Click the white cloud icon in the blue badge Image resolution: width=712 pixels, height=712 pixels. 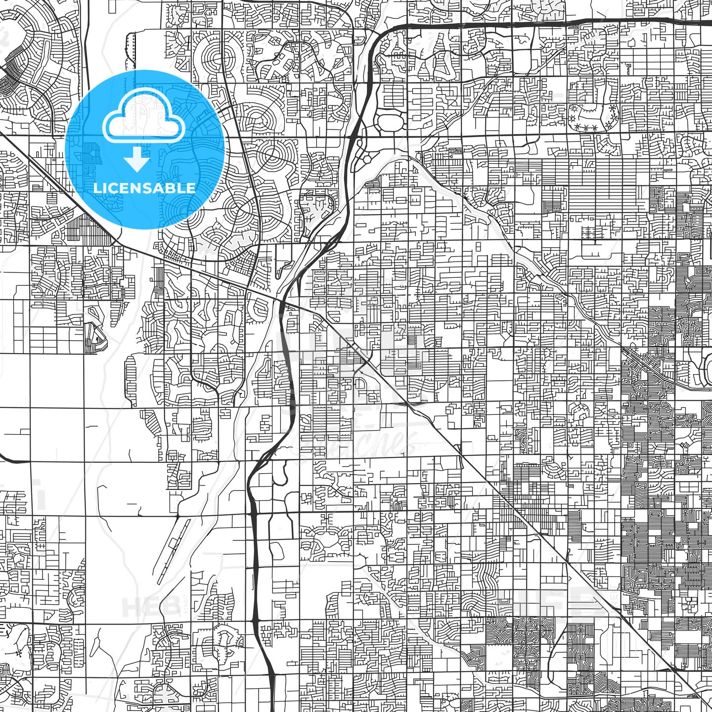click(143, 121)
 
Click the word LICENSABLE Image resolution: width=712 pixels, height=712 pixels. click(144, 188)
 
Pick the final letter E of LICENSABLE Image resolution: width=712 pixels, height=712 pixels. click(191, 188)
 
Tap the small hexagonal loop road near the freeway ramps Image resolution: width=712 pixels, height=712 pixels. click(366, 159)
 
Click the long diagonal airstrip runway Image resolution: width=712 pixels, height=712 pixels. click(173, 544)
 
